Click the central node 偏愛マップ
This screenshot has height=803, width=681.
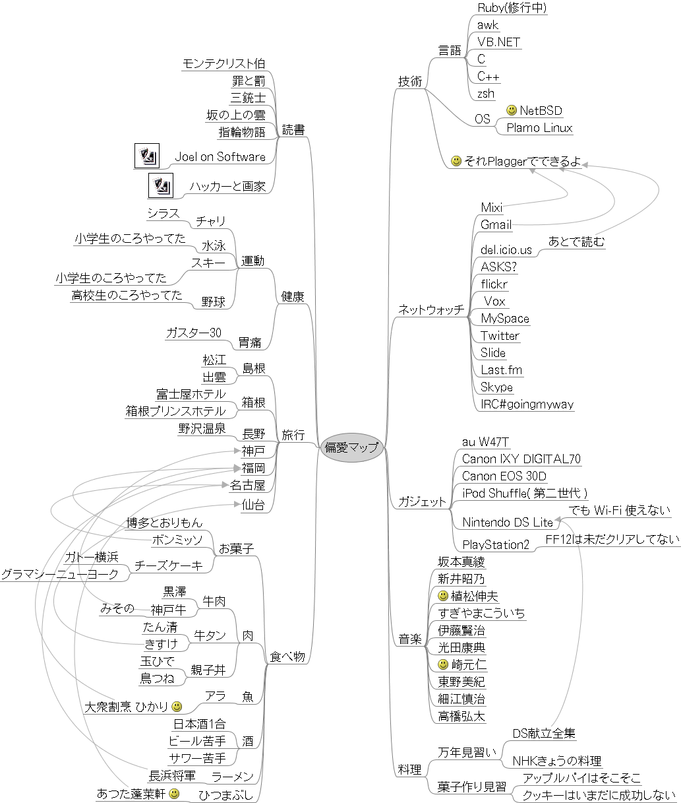(x=352, y=447)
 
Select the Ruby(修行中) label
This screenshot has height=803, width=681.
(x=512, y=8)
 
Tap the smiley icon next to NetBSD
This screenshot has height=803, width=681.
(x=512, y=110)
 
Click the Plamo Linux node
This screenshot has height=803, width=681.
(x=539, y=128)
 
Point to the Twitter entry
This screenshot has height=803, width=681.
(x=500, y=336)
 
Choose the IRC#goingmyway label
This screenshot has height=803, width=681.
(x=527, y=404)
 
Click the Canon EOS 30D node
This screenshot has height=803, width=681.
(x=504, y=476)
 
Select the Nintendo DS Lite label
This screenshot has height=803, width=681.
(x=508, y=523)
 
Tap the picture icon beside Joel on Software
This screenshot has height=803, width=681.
(x=147, y=156)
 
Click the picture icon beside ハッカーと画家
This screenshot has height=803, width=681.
(x=161, y=185)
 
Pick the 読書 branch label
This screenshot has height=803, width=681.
(x=293, y=130)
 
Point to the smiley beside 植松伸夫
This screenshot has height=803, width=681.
(x=443, y=596)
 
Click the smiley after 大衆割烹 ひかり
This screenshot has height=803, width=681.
(x=177, y=707)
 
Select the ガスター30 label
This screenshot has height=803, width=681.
(x=193, y=333)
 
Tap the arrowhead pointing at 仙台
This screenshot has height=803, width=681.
(x=237, y=504)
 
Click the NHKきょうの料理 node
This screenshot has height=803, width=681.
(x=557, y=761)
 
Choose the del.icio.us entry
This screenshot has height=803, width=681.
(x=506, y=250)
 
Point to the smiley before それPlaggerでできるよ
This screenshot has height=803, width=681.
(x=456, y=161)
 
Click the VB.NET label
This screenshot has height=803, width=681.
(x=498, y=42)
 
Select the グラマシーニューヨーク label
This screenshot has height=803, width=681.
(x=60, y=574)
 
